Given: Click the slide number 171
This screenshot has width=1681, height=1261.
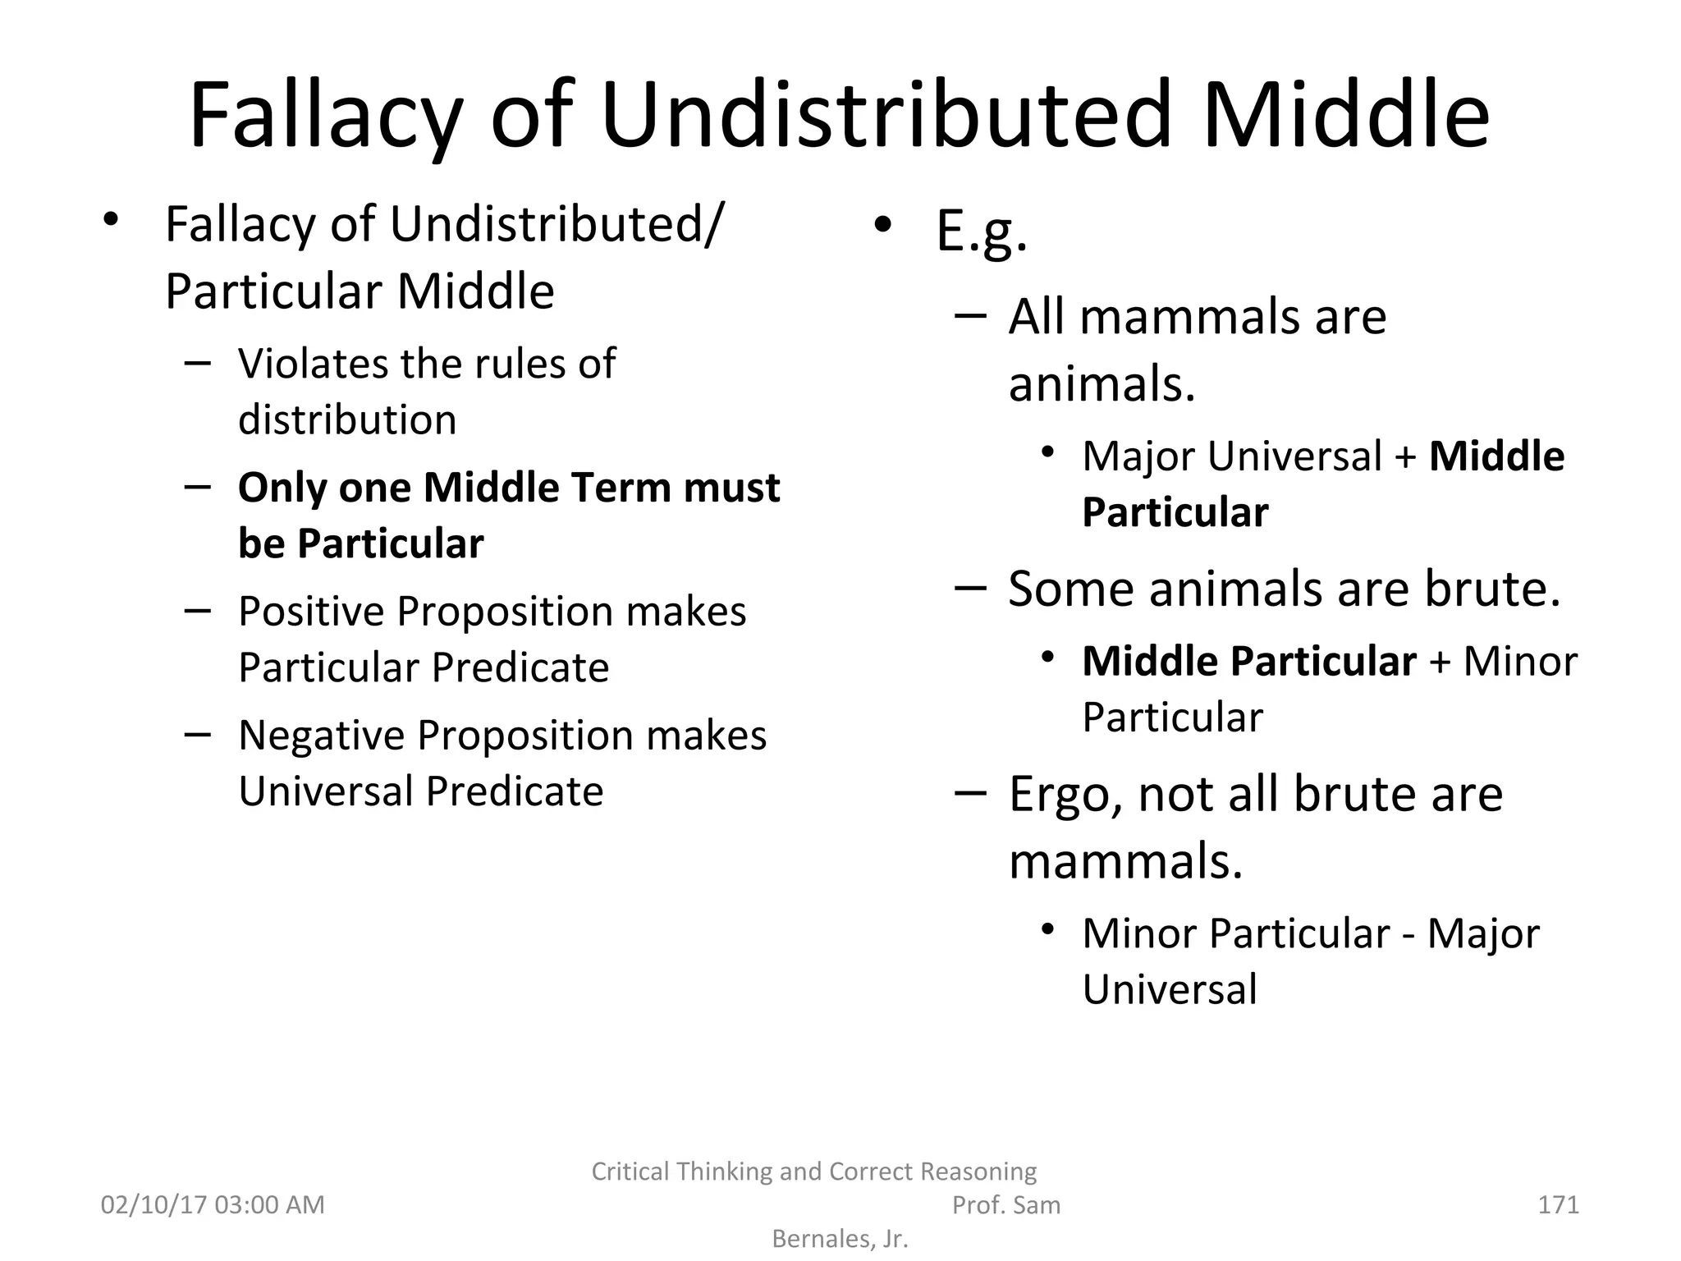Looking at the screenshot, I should coord(1558,1204).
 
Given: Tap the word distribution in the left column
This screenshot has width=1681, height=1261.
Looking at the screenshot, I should coord(347,420).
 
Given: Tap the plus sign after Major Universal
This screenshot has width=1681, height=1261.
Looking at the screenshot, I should coord(1406,457).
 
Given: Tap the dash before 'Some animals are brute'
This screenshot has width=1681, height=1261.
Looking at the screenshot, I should coord(970,588).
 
